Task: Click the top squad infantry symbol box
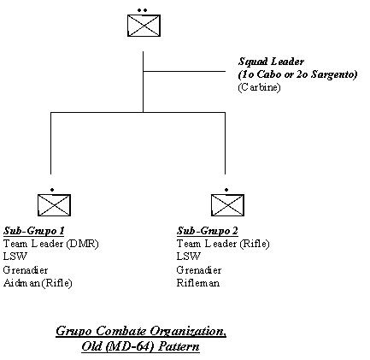coord(144,26)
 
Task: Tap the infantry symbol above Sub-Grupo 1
coord(54,205)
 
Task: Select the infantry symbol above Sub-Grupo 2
coord(227,205)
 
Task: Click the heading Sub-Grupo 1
coord(34,231)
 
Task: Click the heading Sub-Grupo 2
coord(208,231)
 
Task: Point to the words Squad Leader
coord(271,62)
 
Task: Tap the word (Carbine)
coord(259,87)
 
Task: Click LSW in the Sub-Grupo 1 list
coord(15,257)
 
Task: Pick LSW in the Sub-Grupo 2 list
coord(189,257)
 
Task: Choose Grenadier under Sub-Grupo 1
coord(26,269)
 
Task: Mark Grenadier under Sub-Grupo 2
coord(199,269)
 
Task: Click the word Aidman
coord(22,283)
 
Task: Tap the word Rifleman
coord(198,283)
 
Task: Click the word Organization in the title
coord(188,331)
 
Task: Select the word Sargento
coord(334,74)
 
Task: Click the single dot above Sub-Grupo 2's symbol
coord(226,190)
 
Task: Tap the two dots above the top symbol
coord(142,10)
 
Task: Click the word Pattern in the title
coord(179,346)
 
